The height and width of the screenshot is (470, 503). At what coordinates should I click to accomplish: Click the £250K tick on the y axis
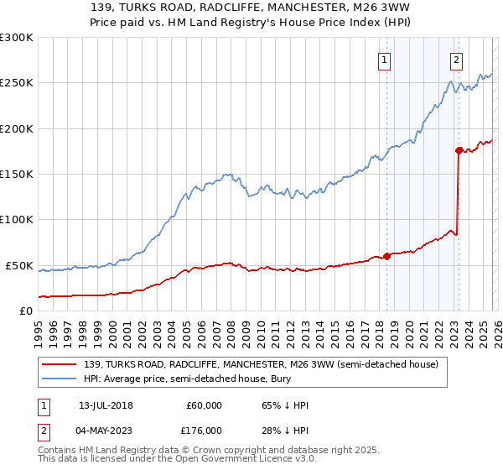[17, 83]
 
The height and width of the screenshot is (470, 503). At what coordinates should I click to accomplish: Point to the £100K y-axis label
[17, 220]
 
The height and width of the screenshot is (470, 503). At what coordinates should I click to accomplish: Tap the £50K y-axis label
[19, 265]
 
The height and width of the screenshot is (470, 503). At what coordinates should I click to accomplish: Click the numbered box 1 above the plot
[384, 60]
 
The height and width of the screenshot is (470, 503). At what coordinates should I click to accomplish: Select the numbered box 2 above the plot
[456, 60]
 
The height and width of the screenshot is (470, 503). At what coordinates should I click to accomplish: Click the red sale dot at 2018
[386, 256]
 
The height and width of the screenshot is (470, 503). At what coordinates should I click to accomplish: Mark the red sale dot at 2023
[459, 150]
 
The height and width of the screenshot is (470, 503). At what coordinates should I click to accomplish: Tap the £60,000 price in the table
[205, 406]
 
